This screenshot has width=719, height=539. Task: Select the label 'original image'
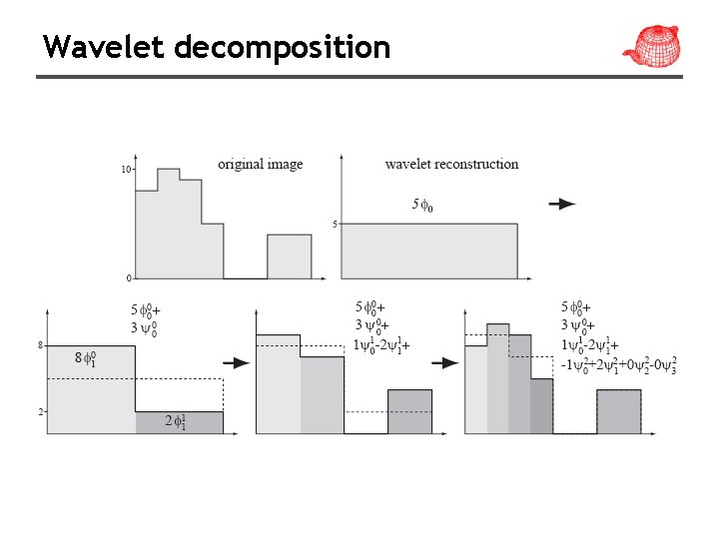click(x=261, y=164)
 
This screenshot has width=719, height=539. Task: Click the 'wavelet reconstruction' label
click(x=451, y=164)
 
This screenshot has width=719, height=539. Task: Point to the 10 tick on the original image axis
click(x=126, y=170)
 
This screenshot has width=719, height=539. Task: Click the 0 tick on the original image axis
click(x=127, y=276)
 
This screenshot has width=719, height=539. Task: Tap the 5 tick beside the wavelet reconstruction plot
click(x=335, y=225)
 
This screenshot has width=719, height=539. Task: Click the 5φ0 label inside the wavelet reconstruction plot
click(x=422, y=206)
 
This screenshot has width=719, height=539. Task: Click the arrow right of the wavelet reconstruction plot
click(x=562, y=205)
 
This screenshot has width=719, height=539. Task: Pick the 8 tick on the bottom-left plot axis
click(x=40, y=345)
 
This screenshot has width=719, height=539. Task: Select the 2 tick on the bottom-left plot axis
click(x=40, y=411)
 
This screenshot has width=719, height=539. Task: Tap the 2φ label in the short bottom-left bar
click(x=176, y=422)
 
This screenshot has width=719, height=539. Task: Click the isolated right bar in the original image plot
click(x=289, y=257)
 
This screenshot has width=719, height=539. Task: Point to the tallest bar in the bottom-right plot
click(x=498, y=377)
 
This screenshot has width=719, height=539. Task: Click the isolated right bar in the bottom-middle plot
click(x=409, y=411)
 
